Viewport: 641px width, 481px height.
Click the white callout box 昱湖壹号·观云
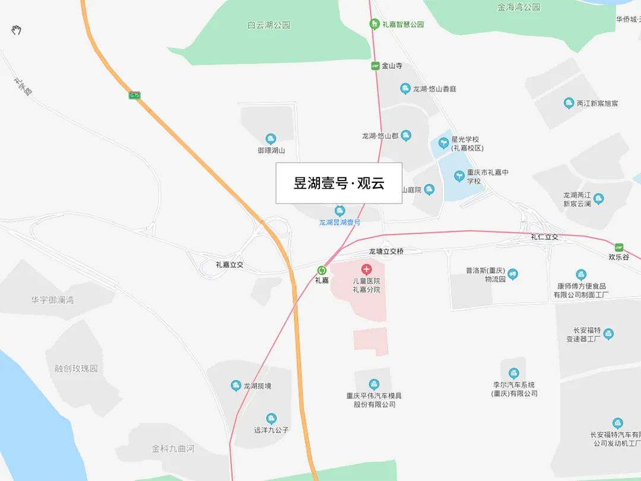click(339, 183)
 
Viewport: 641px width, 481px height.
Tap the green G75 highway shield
click(135, 95)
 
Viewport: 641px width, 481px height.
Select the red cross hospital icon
click(366, 270)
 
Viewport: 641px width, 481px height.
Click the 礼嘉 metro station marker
click(322, 270)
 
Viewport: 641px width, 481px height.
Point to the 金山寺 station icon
click(375, 66)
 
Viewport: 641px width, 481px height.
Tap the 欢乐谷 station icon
click(619, 247)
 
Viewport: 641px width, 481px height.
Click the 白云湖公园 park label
click(269, 26)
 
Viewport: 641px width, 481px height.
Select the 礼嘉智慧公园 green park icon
click(375, 24)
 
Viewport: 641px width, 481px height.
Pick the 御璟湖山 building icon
click(271, 140)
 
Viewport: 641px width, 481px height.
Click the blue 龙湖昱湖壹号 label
click(339, 222)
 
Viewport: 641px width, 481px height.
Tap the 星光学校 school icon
click(443, 143)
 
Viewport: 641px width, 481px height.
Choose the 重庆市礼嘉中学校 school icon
click(459, 176)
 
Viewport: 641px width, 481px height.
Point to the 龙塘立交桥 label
click(386, 252)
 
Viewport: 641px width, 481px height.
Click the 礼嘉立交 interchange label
click(230, 265)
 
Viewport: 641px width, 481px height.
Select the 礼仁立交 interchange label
click(544, 237)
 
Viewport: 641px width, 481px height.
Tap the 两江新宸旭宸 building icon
click(569, 103)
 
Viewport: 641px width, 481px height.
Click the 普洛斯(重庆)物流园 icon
click(513, 274)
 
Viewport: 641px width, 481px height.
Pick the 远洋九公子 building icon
click(271, 419)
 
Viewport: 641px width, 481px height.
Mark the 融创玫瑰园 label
click(77, 368)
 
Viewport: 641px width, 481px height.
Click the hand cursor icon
click(17, 30)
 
